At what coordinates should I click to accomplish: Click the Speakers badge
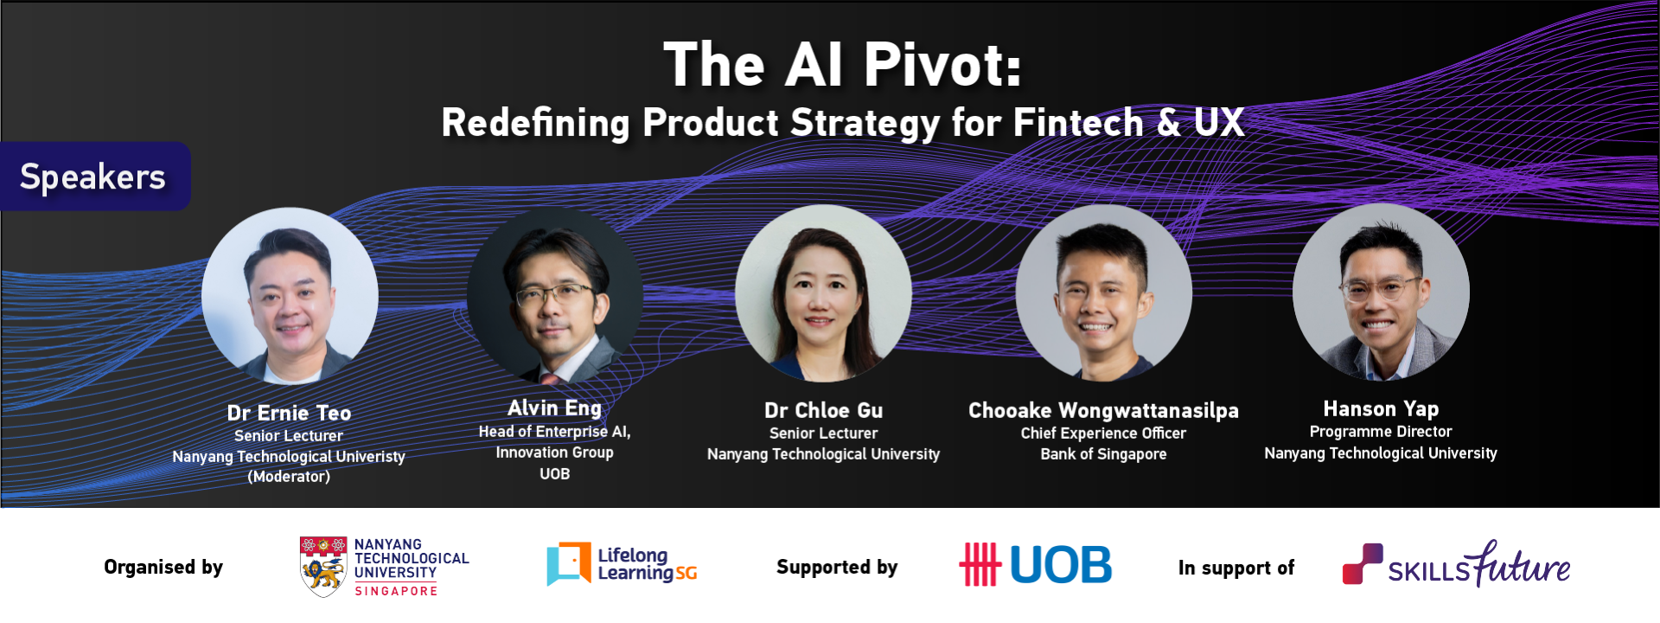pyautogui.click(x=93, y=177)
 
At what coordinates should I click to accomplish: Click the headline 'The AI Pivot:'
pyautogui.click(x=843, y=65)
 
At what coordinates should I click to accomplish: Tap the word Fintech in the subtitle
pyautogui.click(x=1078, y=123)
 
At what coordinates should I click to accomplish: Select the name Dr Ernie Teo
pyautogui.click(x=289, y=413)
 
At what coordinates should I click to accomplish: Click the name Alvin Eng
pyautogui.click(x=554, y=408)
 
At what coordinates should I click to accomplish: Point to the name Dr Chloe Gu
pyautogui.click(x=823, y=410)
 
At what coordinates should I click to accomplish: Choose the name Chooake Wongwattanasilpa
pyautogui.click(x=1103, y=410)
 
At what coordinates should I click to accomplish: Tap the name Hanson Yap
pyautogui.click(x=1381, y=408)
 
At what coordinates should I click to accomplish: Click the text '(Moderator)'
pyautogui.click(x=289, y=477)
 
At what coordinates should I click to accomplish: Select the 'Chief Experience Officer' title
pyautogui.click(x=1103, y=433)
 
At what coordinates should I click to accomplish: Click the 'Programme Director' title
pyautogui.click(x=1381, y=432)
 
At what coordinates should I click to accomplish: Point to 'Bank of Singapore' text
pyautogui.click(x=1103, y=454)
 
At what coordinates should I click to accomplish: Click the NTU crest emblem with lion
pyautogui.click(x=323, y=567)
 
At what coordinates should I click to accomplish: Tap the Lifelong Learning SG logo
pyautogui.click(x=622, y=564)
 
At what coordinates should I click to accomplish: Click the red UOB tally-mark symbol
pyautogui.click(x=980, y=564)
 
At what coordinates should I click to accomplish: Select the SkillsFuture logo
pyautogui.click(x=1456, y=564)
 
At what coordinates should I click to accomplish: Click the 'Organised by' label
pyautogui.click(x=163, y=568)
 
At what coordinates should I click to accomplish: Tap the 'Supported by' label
pyautogui.click(x=837, y=568)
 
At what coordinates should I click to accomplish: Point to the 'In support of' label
pyautogui.click(x=1236, y=568)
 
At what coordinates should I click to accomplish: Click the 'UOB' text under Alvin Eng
pyautogui.click(x=554, y=474)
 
